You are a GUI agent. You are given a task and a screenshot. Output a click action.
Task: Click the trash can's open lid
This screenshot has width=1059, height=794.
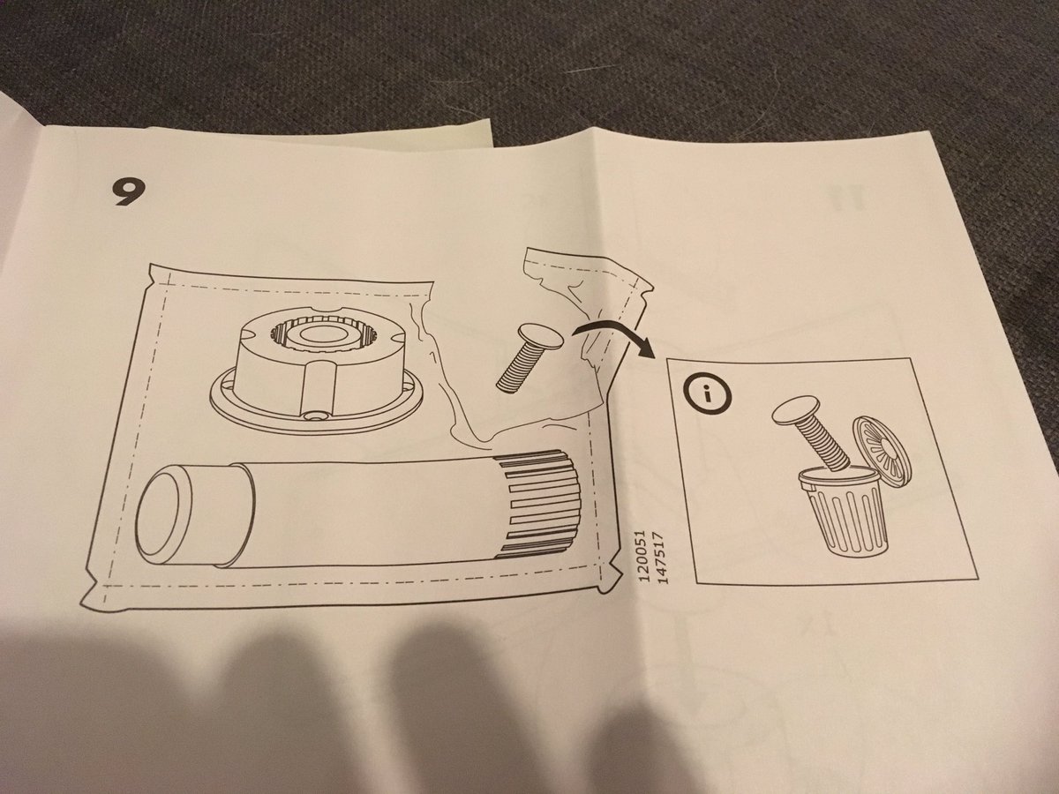(881, 440)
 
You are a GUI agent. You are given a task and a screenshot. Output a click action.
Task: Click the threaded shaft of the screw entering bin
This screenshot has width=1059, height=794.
(826, 443)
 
